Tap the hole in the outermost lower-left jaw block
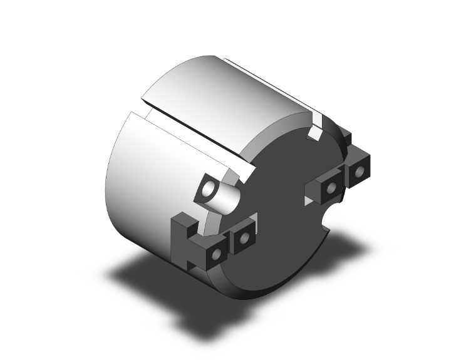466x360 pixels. click(x=216, y=255)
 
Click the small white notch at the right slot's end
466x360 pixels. click(x=316, y=132)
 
